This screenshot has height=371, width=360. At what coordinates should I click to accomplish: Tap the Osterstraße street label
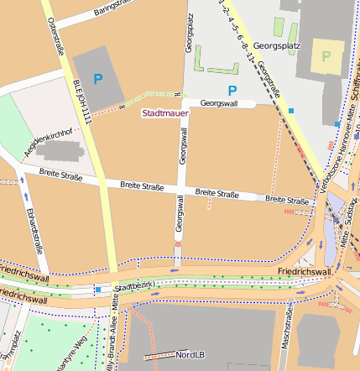tap(58, 36)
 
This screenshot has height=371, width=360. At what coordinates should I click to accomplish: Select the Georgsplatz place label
tap(276, 47)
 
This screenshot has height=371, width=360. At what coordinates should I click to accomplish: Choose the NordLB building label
tap(191, 355)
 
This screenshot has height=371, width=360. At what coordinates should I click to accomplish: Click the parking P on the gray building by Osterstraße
tap(98, 80)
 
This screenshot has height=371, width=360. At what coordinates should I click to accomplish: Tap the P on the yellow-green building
tap(326, 57)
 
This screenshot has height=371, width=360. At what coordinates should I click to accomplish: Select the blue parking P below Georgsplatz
tap(232, 89)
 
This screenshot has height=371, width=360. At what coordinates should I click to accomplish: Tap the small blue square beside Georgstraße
tap(291, 110)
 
